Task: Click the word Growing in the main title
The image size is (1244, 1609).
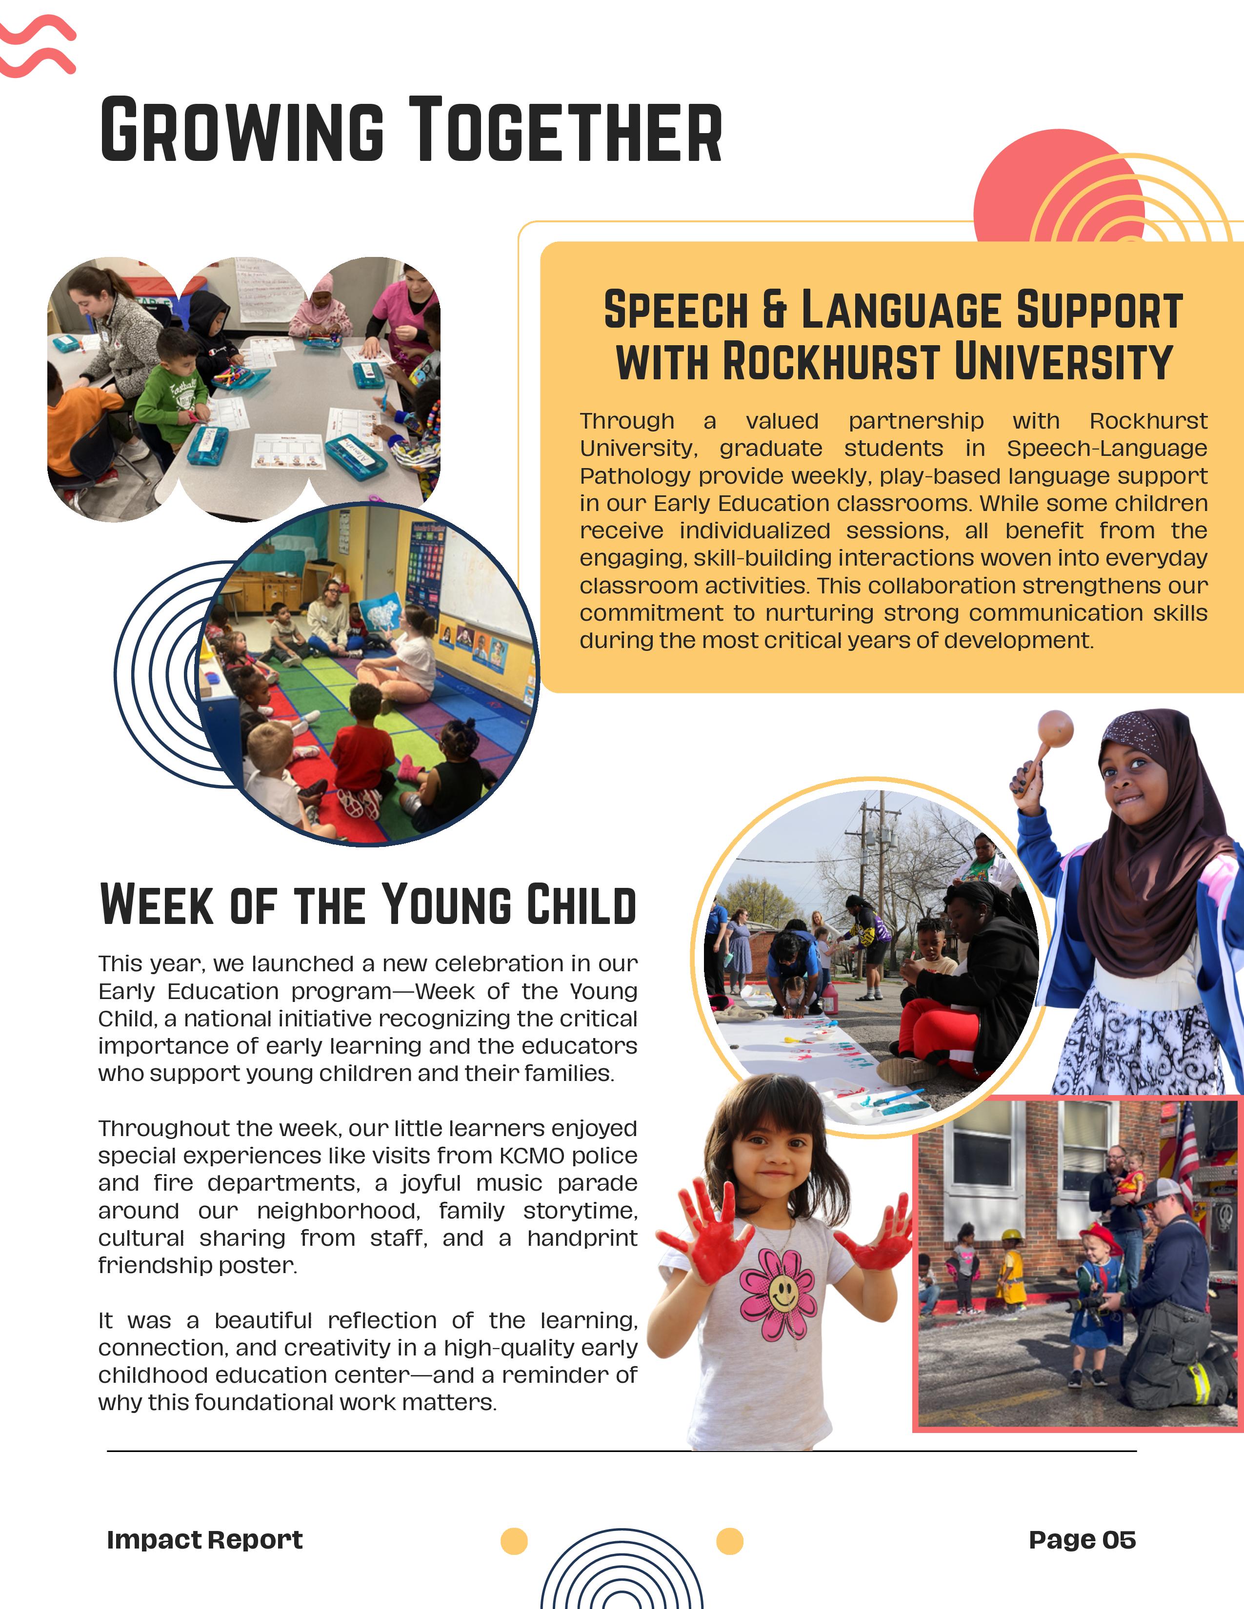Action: (241, 130)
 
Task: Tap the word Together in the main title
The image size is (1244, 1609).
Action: (565, 130)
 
